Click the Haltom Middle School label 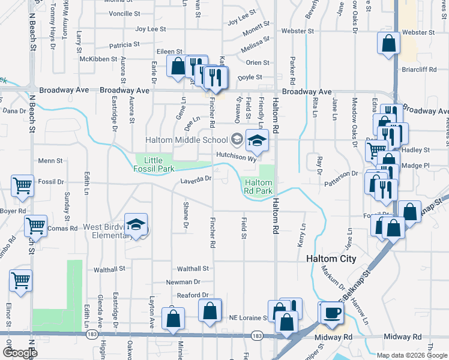[186, 140]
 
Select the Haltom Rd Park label [259, 187]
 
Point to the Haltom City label [331, 259]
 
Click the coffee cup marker [331, 313]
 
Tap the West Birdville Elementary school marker [136, 224]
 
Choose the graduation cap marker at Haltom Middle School [256, 141]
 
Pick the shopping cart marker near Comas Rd [35, 226]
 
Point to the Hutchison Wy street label [236, 154]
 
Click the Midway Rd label [405, 337]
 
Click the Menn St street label [50, 161]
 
